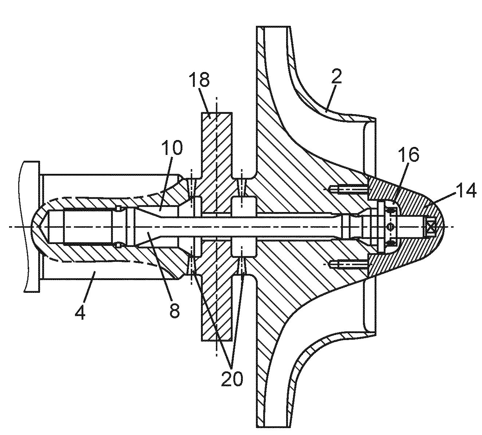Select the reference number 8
click(x=175, y=310)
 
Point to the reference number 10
click(x=171, y=148)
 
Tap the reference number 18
click(x=199, y=80)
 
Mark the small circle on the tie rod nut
click(x=390, y=227)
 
